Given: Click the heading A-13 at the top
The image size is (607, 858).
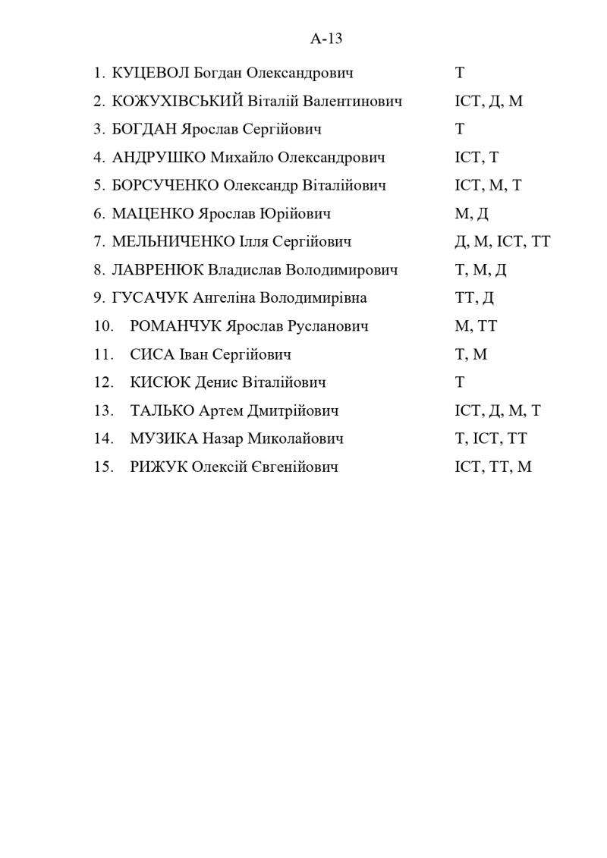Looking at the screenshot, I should click(x=326, y=39).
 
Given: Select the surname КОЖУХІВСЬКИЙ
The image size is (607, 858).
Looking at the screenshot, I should click(x=177, y=102).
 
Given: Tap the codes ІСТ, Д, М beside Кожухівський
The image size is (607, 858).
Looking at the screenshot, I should click(x=489, y=102).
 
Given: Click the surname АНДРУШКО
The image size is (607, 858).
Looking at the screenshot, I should click(x=159, y=158).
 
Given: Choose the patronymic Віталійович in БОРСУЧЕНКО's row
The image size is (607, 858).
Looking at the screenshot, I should click(x=344, y=186).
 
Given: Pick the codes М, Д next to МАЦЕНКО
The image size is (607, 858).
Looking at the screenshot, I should click(x=471, y=214).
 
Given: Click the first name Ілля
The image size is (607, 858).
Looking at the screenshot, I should click(x=256, y=242).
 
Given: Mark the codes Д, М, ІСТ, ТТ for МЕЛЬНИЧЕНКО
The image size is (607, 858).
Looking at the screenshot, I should click(x=502, y=242).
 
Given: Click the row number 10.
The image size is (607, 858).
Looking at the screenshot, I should click(x=103, y=326).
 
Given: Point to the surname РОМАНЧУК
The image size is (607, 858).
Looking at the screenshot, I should click(x=176, y=326).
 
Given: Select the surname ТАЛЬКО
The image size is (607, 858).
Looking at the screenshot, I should click(x=162, y=410).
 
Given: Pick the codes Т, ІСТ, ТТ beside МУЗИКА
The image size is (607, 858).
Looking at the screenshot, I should click(x=490, y=438).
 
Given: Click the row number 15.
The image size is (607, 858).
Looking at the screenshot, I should click(x=103, y=467).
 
